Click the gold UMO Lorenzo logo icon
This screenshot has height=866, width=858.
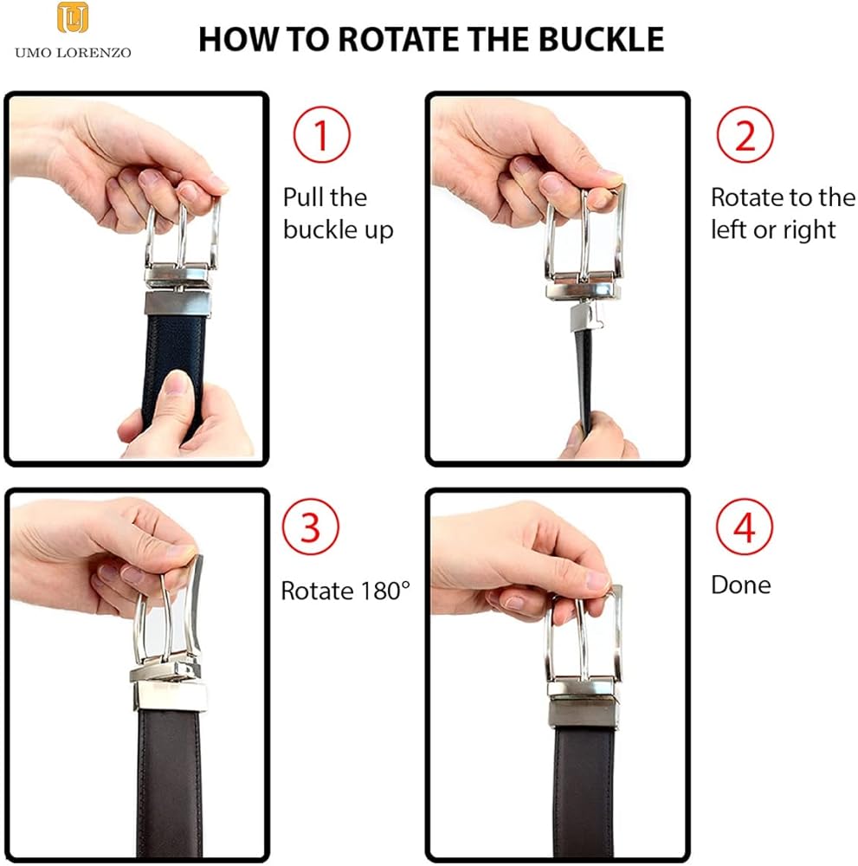[73, 17]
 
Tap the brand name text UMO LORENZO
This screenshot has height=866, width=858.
[73, 53]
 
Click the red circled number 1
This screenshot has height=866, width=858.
[322, 134]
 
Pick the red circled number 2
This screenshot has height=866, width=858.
[745, 134]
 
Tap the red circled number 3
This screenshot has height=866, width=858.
[310, 527]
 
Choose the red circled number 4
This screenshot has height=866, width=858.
[745, 527]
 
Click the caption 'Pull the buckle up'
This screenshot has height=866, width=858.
[338, 214]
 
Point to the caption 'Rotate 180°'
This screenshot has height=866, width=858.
[345, 591]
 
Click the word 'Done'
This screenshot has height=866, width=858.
[741, 585]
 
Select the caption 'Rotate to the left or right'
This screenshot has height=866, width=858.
[783, 214]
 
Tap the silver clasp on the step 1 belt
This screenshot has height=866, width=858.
[177, 304]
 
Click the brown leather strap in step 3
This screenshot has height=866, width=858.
[170, 785]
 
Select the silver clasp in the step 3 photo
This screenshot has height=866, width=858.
[170, 696]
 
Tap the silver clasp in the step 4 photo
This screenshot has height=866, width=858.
[584, 713]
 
